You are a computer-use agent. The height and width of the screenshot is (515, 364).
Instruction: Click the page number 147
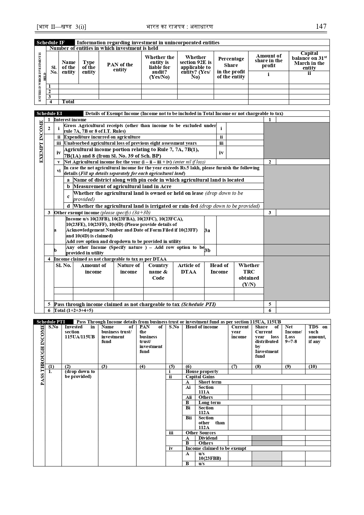coord(321,26)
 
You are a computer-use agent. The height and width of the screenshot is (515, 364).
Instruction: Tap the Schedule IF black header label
coord(50,43)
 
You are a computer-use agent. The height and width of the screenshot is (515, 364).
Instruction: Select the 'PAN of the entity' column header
coord(120,67)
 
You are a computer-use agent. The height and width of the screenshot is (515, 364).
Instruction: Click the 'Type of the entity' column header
coord(89,67)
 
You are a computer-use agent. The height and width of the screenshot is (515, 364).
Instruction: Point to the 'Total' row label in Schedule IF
coord(68,102)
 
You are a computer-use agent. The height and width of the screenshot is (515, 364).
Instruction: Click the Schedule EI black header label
coord(49,114)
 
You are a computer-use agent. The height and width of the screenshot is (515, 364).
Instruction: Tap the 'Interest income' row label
coord(70,120)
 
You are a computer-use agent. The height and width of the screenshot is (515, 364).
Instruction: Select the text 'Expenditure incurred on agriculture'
coord(102,137)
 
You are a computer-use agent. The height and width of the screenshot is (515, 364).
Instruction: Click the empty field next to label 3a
coord(240,230)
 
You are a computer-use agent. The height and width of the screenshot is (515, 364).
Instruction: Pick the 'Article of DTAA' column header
coord(189,269)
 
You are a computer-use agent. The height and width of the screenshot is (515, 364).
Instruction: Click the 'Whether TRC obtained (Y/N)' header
coord(249,275)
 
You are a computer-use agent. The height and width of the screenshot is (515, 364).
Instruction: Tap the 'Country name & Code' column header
coord(158,271)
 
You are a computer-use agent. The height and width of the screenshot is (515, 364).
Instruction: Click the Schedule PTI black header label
coord(51,322)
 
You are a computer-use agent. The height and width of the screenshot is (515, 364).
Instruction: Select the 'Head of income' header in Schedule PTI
coord(202,327)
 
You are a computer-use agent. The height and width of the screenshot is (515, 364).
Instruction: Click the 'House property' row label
coord(202,372)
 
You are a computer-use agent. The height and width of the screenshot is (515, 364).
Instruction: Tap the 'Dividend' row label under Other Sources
coord(208,438)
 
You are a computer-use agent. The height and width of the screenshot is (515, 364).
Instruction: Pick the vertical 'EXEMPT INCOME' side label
coord(41,141)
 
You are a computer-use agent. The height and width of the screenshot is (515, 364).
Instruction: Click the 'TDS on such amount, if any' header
coord(318,334)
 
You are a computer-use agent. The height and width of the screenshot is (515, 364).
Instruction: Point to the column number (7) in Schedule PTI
coord(234,367)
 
